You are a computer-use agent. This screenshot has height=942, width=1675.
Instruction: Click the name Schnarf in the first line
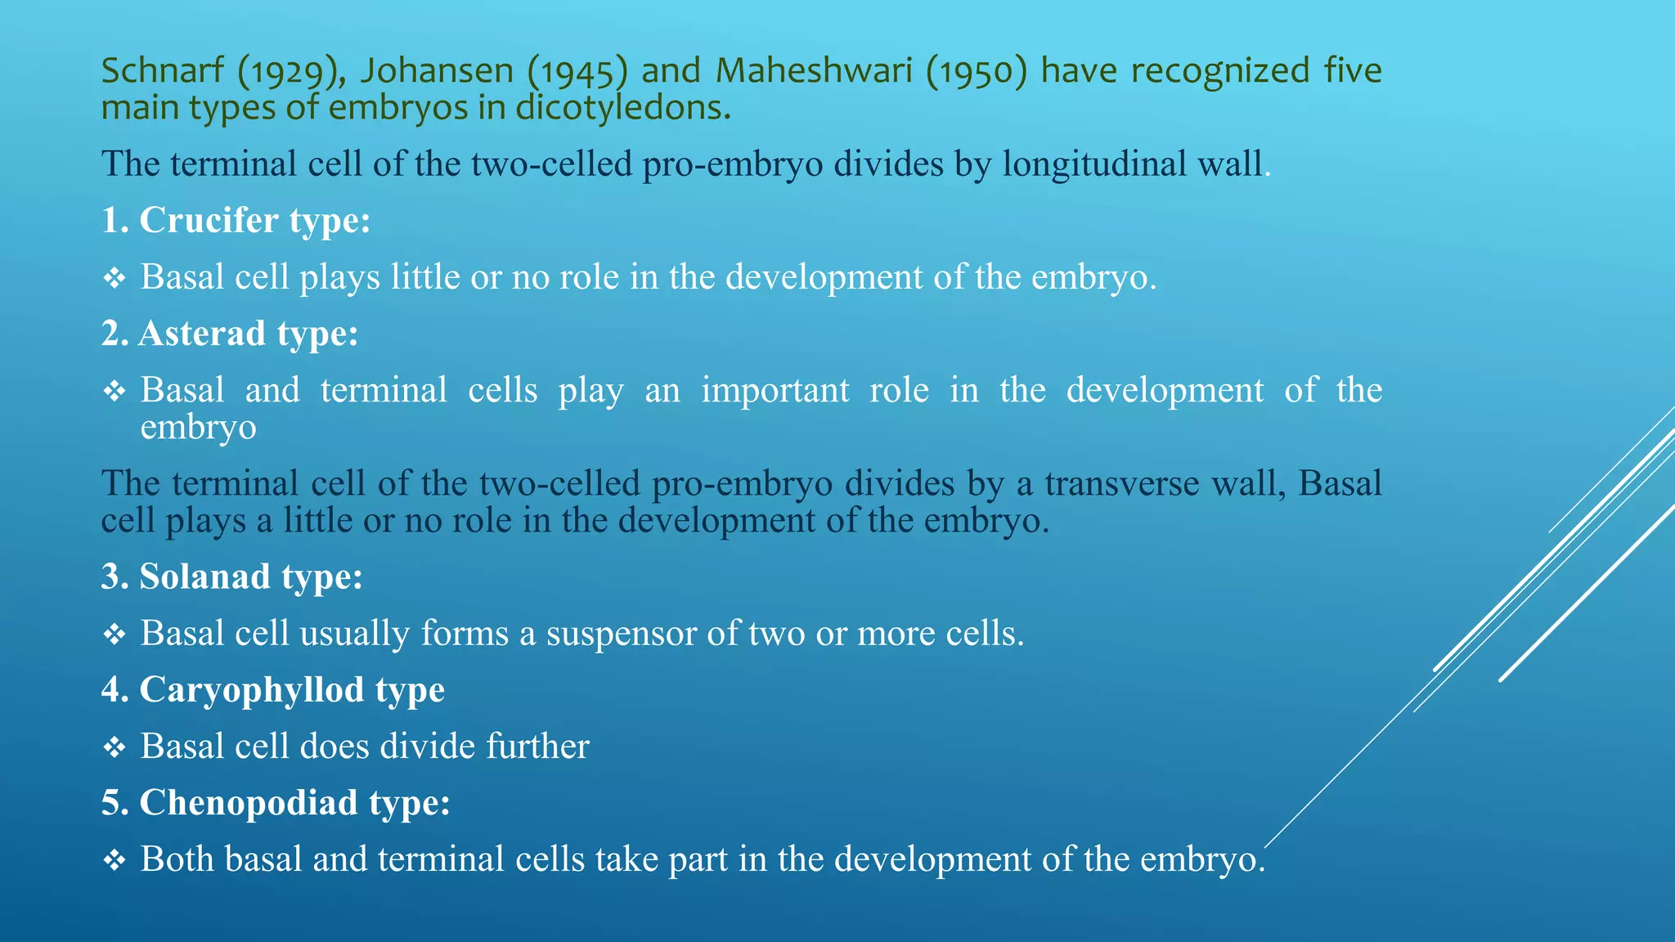tap(162, 71)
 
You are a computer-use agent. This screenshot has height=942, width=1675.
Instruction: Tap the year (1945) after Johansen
tap(577, 72)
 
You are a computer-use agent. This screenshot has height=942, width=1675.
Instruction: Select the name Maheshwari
tap(814, 71)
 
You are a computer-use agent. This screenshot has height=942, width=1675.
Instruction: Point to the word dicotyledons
tap(623, 108)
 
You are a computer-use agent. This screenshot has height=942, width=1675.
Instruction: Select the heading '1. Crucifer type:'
tap(236, 221)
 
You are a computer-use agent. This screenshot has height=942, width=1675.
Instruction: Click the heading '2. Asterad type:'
tap(230, 334)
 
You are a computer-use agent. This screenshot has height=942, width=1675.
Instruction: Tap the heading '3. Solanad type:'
tap(232, 577)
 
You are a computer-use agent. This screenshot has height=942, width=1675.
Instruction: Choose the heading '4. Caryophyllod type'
tap(273, 690)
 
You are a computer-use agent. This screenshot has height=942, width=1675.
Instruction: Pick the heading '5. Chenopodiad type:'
tap(276, 803)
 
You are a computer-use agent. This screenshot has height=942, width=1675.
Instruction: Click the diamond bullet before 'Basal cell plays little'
tap(115, 279)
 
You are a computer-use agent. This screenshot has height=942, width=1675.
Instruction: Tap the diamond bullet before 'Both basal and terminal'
tap(115, 860)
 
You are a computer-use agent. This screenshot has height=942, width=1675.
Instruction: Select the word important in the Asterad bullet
tap(775, 391)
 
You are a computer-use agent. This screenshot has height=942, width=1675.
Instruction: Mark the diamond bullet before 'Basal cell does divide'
tap(115, 747)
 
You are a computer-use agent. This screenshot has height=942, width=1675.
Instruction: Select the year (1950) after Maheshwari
tap(976, 72)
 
